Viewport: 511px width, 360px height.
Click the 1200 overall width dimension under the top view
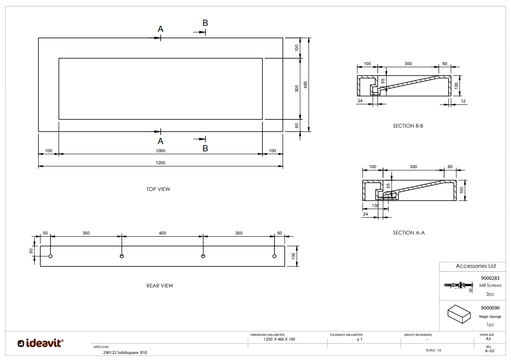click(160, 163)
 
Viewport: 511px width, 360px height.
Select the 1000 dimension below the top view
click(160, 150)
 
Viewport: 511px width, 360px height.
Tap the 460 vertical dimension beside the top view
click(305, 85)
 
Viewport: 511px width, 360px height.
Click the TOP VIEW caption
click(158, 189)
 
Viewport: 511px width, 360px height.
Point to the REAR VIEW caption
click(160, 286)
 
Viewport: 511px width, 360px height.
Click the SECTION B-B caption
click(408, 126)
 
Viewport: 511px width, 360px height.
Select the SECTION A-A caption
click(408, 233)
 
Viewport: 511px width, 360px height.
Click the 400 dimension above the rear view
click(162, 233)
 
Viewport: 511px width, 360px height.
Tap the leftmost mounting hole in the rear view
click(50, 256)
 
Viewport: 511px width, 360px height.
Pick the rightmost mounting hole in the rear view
click(274, 256)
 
